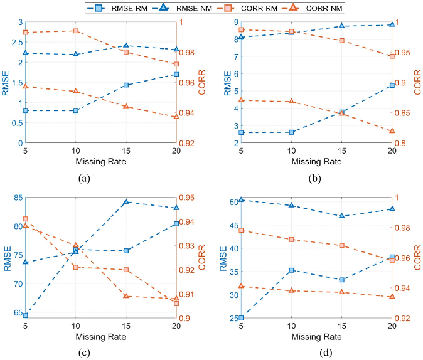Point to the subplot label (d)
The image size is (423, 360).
coord(325,352)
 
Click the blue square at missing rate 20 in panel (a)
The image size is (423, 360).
coord(176,75)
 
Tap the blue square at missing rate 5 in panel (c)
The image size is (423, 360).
coord(26,315)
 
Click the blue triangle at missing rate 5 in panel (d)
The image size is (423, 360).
coord(241,200)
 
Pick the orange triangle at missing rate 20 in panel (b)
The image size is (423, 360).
coord(392,131)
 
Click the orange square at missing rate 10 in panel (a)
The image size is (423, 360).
coord(75,31)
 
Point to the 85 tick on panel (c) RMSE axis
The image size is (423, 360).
coord(16,198)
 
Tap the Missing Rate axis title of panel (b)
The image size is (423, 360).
coord(316,162)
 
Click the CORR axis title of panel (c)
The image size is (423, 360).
coord(201,258)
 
